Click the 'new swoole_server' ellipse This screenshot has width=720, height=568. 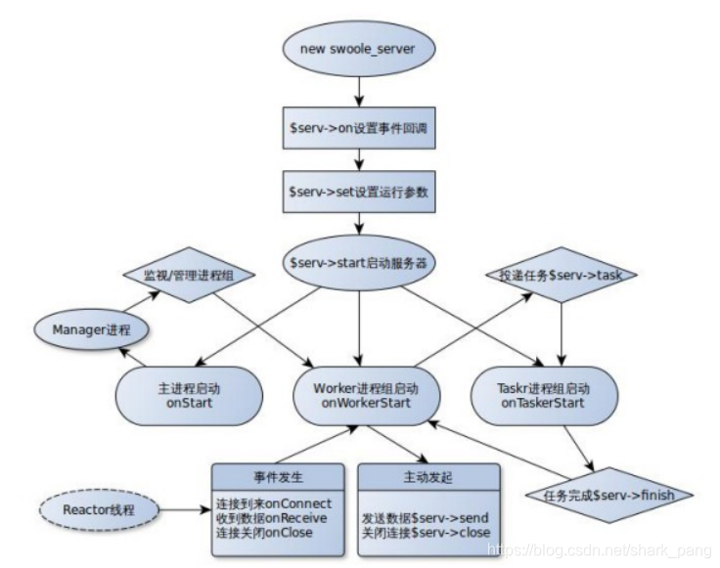[359, 50]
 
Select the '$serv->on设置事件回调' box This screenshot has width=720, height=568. [359, 129]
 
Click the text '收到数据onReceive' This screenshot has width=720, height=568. [273, 517]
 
